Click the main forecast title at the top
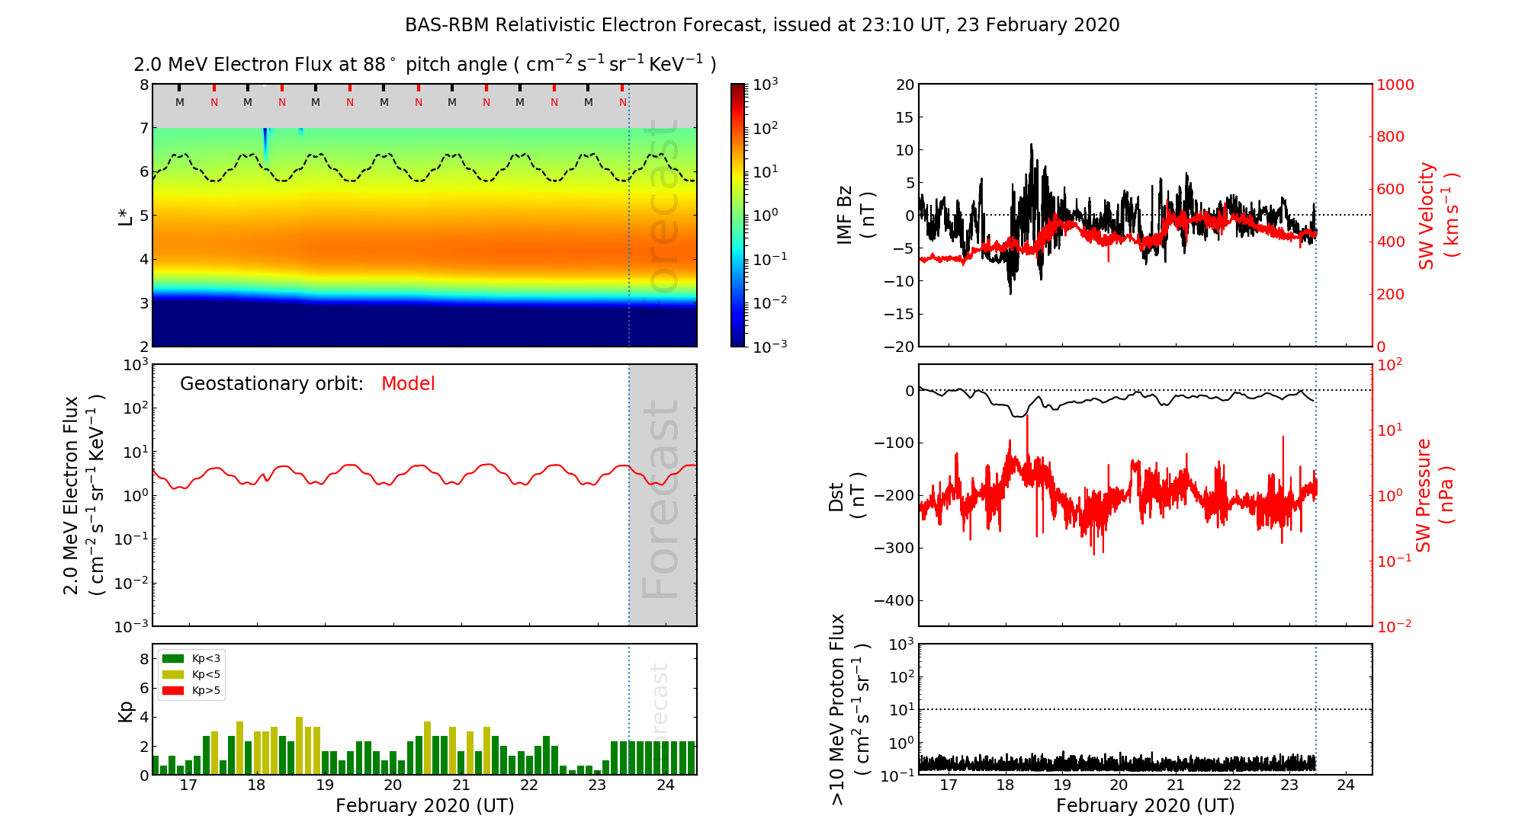point(762,25)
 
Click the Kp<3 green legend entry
point(191,658)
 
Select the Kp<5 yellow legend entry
point(191,674)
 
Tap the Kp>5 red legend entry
point(191,691)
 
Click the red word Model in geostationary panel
point(408,384)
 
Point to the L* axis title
point(126,215)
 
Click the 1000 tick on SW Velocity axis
point(1395,85)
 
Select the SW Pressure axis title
point(1433,495)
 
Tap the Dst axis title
point(846,495)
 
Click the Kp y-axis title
point(126,711)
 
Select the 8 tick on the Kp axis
point(144,659)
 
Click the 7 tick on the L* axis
point(144,128)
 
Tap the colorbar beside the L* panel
point(737,215)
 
